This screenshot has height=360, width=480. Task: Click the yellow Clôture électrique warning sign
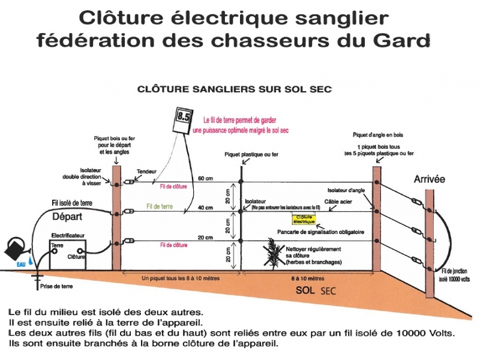[304, 220]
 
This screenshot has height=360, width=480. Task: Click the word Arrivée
[430, 179]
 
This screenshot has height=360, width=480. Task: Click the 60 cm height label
[206, 179]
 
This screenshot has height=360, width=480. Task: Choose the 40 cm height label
[206, 207]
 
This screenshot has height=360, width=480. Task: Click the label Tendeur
[146, 171]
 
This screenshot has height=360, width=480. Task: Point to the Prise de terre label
[56, 287]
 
